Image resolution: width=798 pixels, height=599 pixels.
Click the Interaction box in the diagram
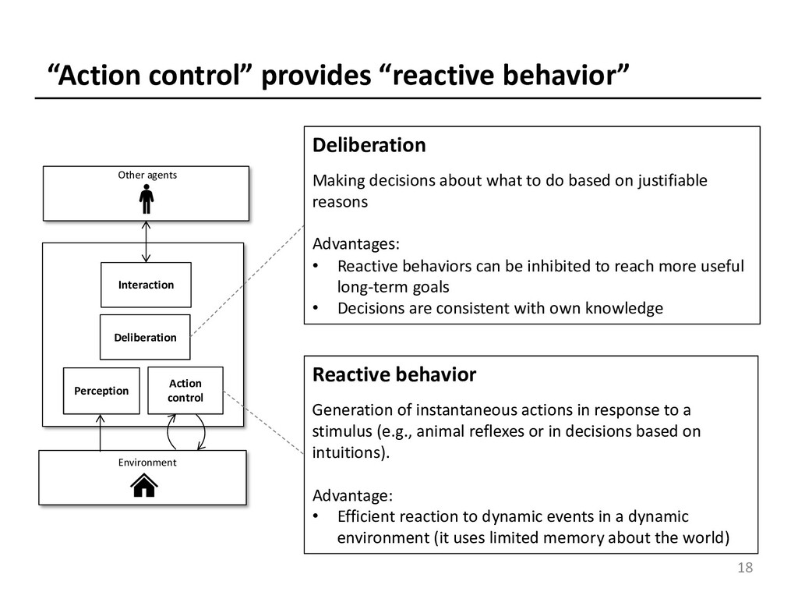tap(146, 285)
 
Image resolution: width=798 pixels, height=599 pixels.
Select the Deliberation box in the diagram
tap(145, 337)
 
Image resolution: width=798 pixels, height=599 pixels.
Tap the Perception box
tap(101, 391)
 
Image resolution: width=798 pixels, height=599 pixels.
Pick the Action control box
tap(185, 390)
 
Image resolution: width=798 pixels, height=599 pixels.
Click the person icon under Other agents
tap(147, 199)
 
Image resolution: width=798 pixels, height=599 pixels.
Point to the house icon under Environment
tap(144, 485)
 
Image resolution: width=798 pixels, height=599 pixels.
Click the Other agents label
tap(147, 175)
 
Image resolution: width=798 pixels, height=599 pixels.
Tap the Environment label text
tap(147, 463)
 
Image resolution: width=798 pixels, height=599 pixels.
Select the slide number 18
tap(745, 568)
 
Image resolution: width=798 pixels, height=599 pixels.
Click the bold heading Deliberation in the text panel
tap(369, 145)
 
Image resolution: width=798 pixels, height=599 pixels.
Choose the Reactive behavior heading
tap(394, 374)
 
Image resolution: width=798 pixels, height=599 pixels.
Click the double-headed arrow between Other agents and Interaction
tap(146, 242)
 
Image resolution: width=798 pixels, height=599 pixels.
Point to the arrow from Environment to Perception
tap(101, 432)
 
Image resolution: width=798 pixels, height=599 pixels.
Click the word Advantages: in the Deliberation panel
tap(355, 243)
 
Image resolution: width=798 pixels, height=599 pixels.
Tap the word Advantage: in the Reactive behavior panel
tap(352, 495)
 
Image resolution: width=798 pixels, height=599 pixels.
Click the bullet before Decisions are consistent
tap(316, 307)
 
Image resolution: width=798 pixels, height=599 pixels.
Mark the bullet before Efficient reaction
tap(316, 516)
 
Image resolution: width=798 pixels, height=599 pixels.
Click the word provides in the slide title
tap(316, 76)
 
